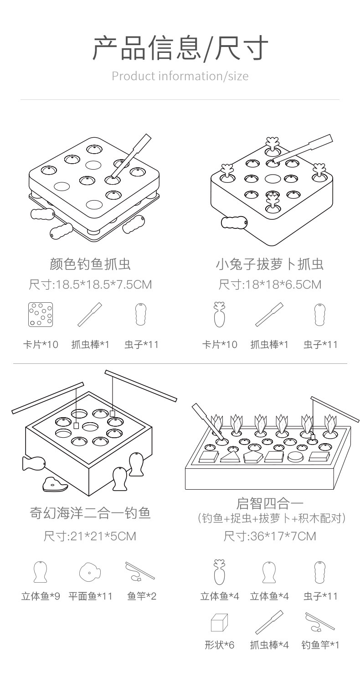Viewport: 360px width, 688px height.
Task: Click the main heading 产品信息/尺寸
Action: [180, 48]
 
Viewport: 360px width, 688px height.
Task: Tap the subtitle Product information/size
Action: [180, 76]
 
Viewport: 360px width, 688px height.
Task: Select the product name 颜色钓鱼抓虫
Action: [90, 264]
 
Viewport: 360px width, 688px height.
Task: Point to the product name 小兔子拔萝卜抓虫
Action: [269, 264]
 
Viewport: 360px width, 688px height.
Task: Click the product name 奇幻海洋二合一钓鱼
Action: [90, 513]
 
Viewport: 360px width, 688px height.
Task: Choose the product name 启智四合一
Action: [269, 503]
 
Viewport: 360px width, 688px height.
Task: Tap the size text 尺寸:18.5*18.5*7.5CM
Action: [90, 285]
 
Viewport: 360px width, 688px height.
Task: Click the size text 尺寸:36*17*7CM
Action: [269, 536]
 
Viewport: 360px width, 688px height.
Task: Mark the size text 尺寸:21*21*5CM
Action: [90, 536]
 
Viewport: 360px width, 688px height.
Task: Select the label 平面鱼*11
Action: [90, 596]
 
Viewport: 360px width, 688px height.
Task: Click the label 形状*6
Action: [219, 645]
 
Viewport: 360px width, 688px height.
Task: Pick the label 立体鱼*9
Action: [41, 596]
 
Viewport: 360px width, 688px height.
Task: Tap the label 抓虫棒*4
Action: [269, 645]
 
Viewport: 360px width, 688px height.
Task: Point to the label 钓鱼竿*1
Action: [320, 645]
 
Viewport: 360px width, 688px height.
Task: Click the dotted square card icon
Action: [41, 315]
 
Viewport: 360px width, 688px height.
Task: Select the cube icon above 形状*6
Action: [219, 622]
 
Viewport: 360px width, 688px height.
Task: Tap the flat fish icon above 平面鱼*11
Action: [90, 572]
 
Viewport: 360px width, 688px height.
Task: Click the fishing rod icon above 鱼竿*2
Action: [140, 571]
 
